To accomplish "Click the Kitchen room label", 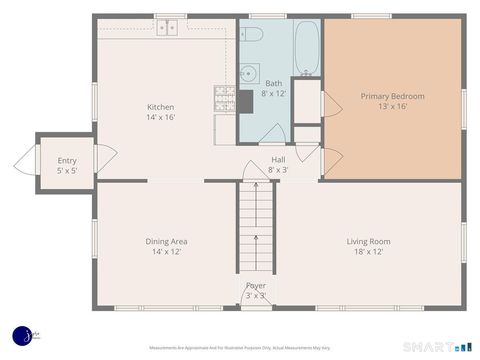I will click(x=161, y=108).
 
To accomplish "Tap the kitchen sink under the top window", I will click(x=167, y=28).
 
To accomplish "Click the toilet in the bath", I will click(x=252, y=35).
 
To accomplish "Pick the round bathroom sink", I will click(x=247, y=72).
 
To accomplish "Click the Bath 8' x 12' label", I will click(x=274, y=88).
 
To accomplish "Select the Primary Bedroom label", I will click(x=392, y=96).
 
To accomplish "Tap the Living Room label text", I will click(x=368, y=241).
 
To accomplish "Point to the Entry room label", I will click(x=67, y=160).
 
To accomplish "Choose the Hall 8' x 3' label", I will click(x=278, y=165).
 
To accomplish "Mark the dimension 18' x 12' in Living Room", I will click(x=368, y=251).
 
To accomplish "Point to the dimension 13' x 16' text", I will click(x=392, y=106).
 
